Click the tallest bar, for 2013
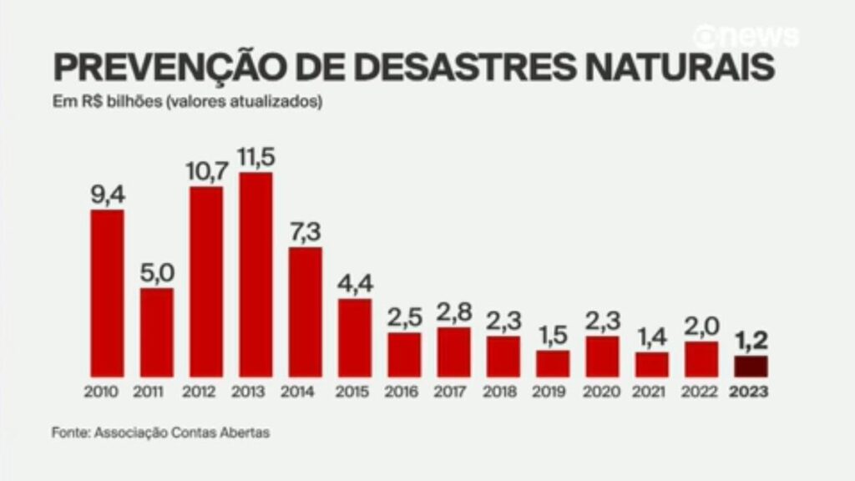pyautogui.click(x=255, y=275)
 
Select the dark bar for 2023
pyautogui.click(x=751, y=367)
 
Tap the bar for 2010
pyautogui.click(x=108, y=293)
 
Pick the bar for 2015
pyautogui.click(x=355, y=337)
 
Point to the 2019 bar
pyautogui.click(x=553, y=364)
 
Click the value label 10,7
pyautogui.click(x=207, y=171)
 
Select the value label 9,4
pyautogui.click(x=108, y=195)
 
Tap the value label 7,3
pyautogui.click(x=306, y=232)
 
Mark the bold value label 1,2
pyautogui.click(x=751, y=341)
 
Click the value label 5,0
pyautogui.click(x=157, y=273)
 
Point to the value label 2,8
pyautogui.click(x=454, y=312)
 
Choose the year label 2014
pyautogui.click(x=297, y=392)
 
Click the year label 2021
pyautogui.click(x=649, y=392)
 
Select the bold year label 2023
pyautogui.click(x=749, y=392)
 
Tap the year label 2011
pyautogui.click(x=149, y=392)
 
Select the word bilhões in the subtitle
pyautogui.click(x=134, y=101)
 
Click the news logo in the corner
pyautogui.click(x=746, y=37)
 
